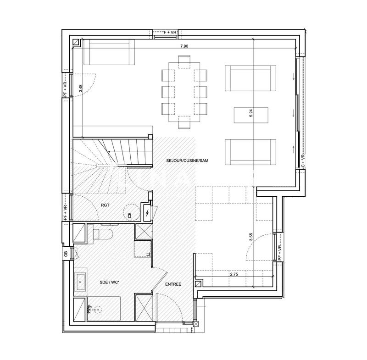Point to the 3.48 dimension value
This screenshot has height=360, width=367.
point(81,88)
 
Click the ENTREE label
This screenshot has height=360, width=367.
point(173,284)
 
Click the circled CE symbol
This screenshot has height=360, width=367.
point(130,215)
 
